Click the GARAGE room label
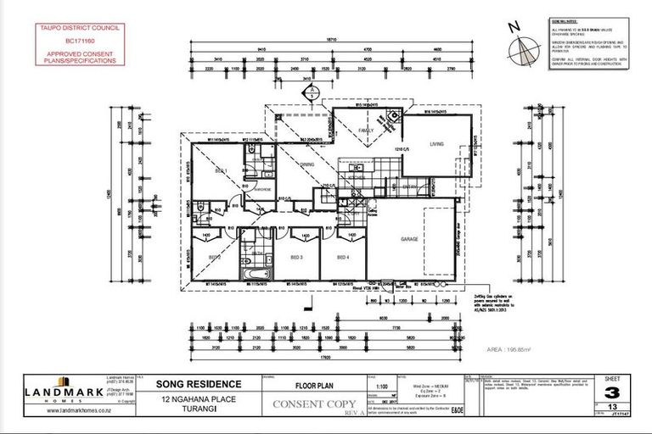point(409,240)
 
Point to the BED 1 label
point(221,171)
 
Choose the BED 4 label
point(343,257)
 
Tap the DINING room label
point(306,164)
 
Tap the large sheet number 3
point(610,393)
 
